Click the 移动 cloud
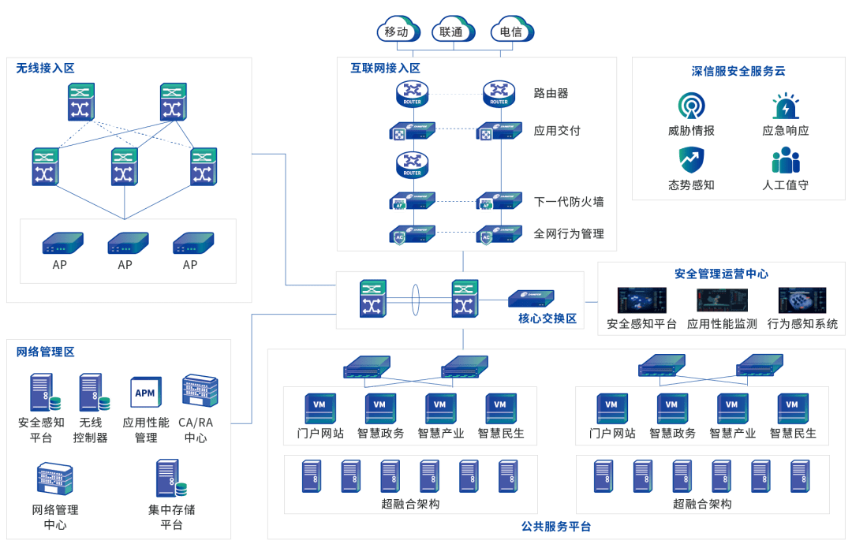click(x=397, y=32)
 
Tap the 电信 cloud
click(x=510, y=32)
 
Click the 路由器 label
click(x=551, y=94)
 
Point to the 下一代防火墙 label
click(x=568, y=202)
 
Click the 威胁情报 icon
click(x=691, y=106)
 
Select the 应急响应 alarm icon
click(x=786, y=106)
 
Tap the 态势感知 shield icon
click(x=691, y=160)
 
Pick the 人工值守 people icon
click(x=786, y=160)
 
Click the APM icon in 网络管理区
click(x=145, y=392)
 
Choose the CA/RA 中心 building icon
click(x=200, y=391)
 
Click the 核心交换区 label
click(x=547, y=319)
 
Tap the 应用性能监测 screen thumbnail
click(x=722, y=300)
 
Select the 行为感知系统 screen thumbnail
click(x=802, y=300)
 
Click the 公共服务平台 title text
click(x=556, y=527)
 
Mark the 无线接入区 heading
click(x=45, y=69)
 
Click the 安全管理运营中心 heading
click(x=721, y=274)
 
